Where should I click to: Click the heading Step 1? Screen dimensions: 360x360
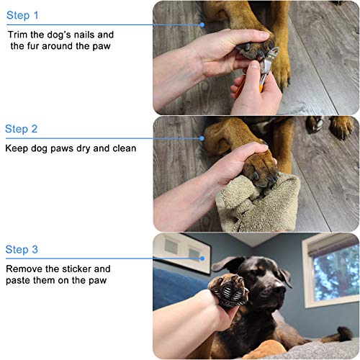tap(22, 15)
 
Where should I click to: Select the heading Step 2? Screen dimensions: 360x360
tap(21, 129)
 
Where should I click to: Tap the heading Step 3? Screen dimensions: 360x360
tap(22, 249)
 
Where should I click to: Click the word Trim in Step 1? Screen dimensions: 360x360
tap(18, 35)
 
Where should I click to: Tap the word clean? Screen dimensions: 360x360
tap(124, 148)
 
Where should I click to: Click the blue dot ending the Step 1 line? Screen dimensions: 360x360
tap(202, 24)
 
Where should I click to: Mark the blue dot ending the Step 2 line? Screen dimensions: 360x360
tap(202, 138)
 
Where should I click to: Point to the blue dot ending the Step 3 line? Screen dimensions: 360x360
tap(202, 258)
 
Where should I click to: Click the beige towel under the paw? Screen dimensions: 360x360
tap(258, 204)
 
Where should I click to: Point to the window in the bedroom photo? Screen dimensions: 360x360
tap(333, 271)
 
